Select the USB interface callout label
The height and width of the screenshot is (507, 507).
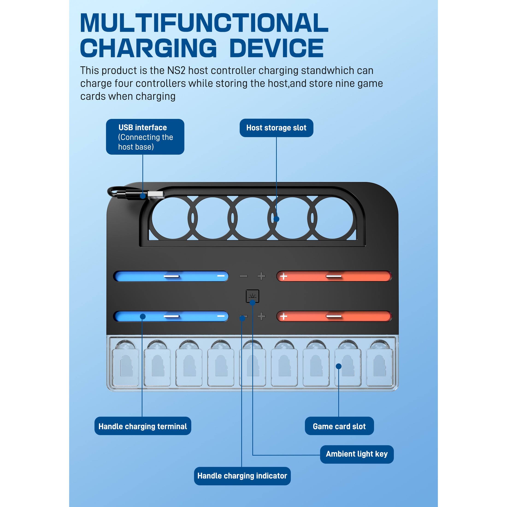(145, 137)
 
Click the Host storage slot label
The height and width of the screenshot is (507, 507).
(276, 128)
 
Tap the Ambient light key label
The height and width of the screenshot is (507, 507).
(357, 454)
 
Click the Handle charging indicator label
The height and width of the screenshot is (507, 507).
(242, 476)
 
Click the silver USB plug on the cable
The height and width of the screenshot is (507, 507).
(155, 195)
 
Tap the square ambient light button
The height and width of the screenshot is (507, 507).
(252, 296)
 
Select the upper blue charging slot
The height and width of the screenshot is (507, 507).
(171, 276)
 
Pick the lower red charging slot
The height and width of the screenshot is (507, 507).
(334, 316)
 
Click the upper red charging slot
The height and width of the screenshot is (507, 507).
(334, 276)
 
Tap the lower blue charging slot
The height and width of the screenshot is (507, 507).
(171, 316)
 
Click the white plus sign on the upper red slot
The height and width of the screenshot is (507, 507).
(283, 276)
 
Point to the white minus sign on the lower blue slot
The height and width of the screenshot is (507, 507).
(221, 316)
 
